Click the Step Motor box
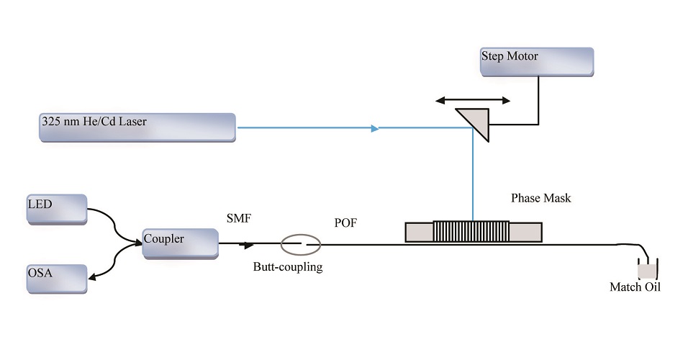click(537, 62)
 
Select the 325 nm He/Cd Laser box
click(137, 127)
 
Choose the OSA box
click(56, 279)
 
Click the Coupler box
click(180, 243)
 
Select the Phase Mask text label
click(540, 198)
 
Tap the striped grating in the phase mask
click(471, 232)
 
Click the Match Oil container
click(647, 270)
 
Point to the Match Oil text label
click(635, 287)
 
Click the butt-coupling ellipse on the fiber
click(301, 245)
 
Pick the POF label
click(345, 223)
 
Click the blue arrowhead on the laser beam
click(374, 129)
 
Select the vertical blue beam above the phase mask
click(472, 180)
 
